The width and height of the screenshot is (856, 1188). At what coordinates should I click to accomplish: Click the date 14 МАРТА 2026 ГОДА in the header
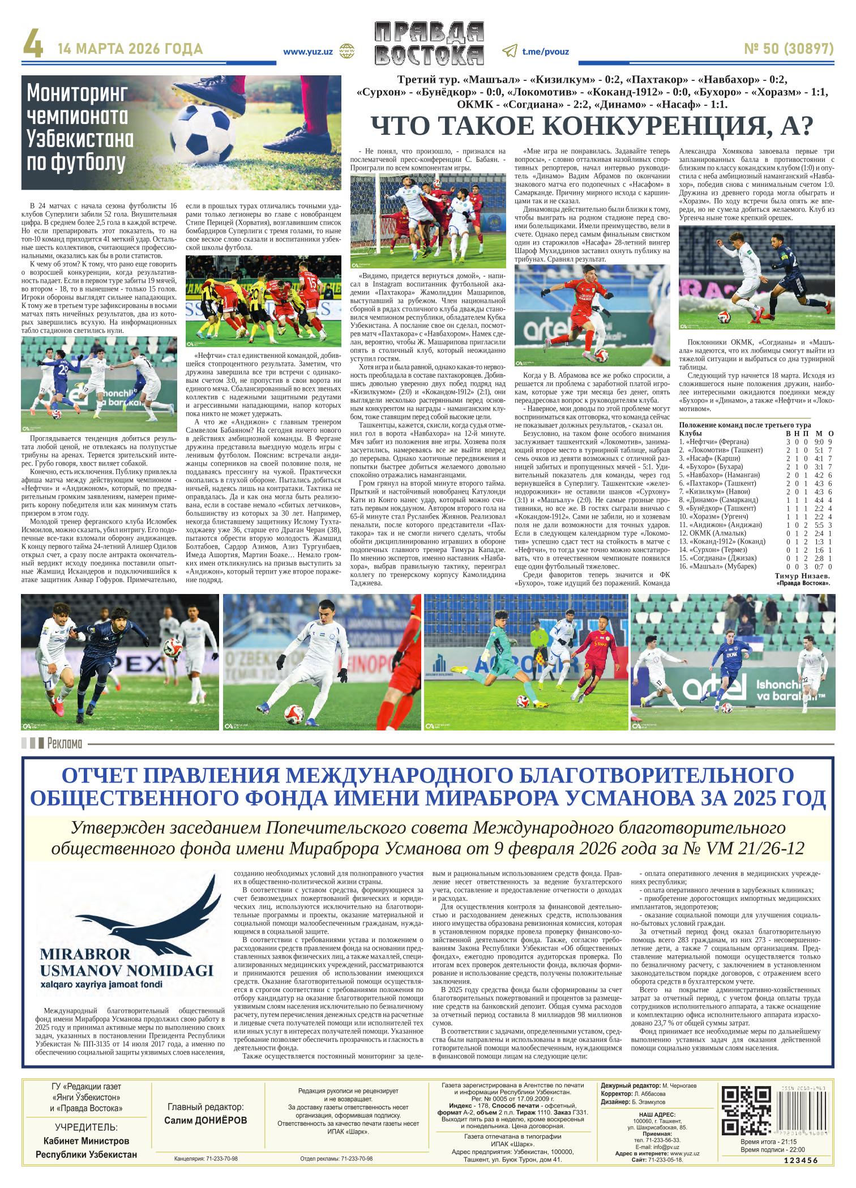point(130,49)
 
